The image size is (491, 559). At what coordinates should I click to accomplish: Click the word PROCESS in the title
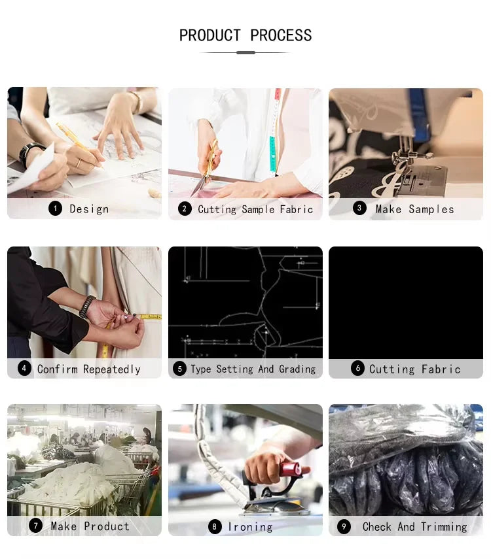tap(281, 36)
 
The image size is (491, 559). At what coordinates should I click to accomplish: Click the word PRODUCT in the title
tap(210, 36)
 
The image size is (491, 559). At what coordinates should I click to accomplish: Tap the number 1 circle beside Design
tap(56, 209)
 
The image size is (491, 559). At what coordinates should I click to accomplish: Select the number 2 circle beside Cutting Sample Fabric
tap(185, 209)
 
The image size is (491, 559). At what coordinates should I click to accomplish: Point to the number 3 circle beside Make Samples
tap(359, 208)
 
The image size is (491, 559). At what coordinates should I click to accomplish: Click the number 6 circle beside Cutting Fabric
tap(358, 368)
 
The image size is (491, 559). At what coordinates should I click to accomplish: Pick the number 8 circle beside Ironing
tap(215, 526)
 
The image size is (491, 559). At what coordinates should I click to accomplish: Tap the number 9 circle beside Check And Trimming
tap(344, 526)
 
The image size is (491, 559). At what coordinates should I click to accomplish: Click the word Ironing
tap(250, 527)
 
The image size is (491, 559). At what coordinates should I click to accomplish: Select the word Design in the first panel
tap(89, 209)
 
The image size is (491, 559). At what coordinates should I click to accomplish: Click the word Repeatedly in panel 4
tap(112, 369)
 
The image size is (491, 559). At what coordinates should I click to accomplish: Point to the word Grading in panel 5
tap(297, 369)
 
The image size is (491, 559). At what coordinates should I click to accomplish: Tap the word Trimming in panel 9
tap(444, 527)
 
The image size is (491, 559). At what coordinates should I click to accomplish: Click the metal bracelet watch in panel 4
tap(87, 307)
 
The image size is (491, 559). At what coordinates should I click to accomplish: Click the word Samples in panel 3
tap(431, 209)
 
